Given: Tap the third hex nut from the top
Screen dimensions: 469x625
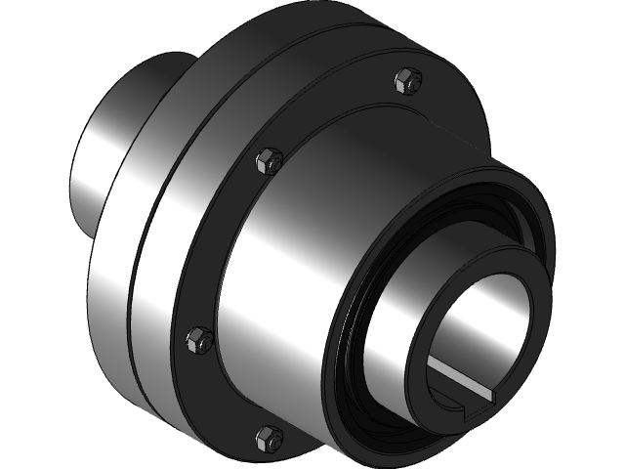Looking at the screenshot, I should pyautogui.click(x=198, y=339).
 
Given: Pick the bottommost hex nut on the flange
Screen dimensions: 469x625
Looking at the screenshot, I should pyautogui.click(x=268, y=437).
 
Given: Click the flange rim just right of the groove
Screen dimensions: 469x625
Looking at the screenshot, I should pyautogui.click(x=161, y=293).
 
